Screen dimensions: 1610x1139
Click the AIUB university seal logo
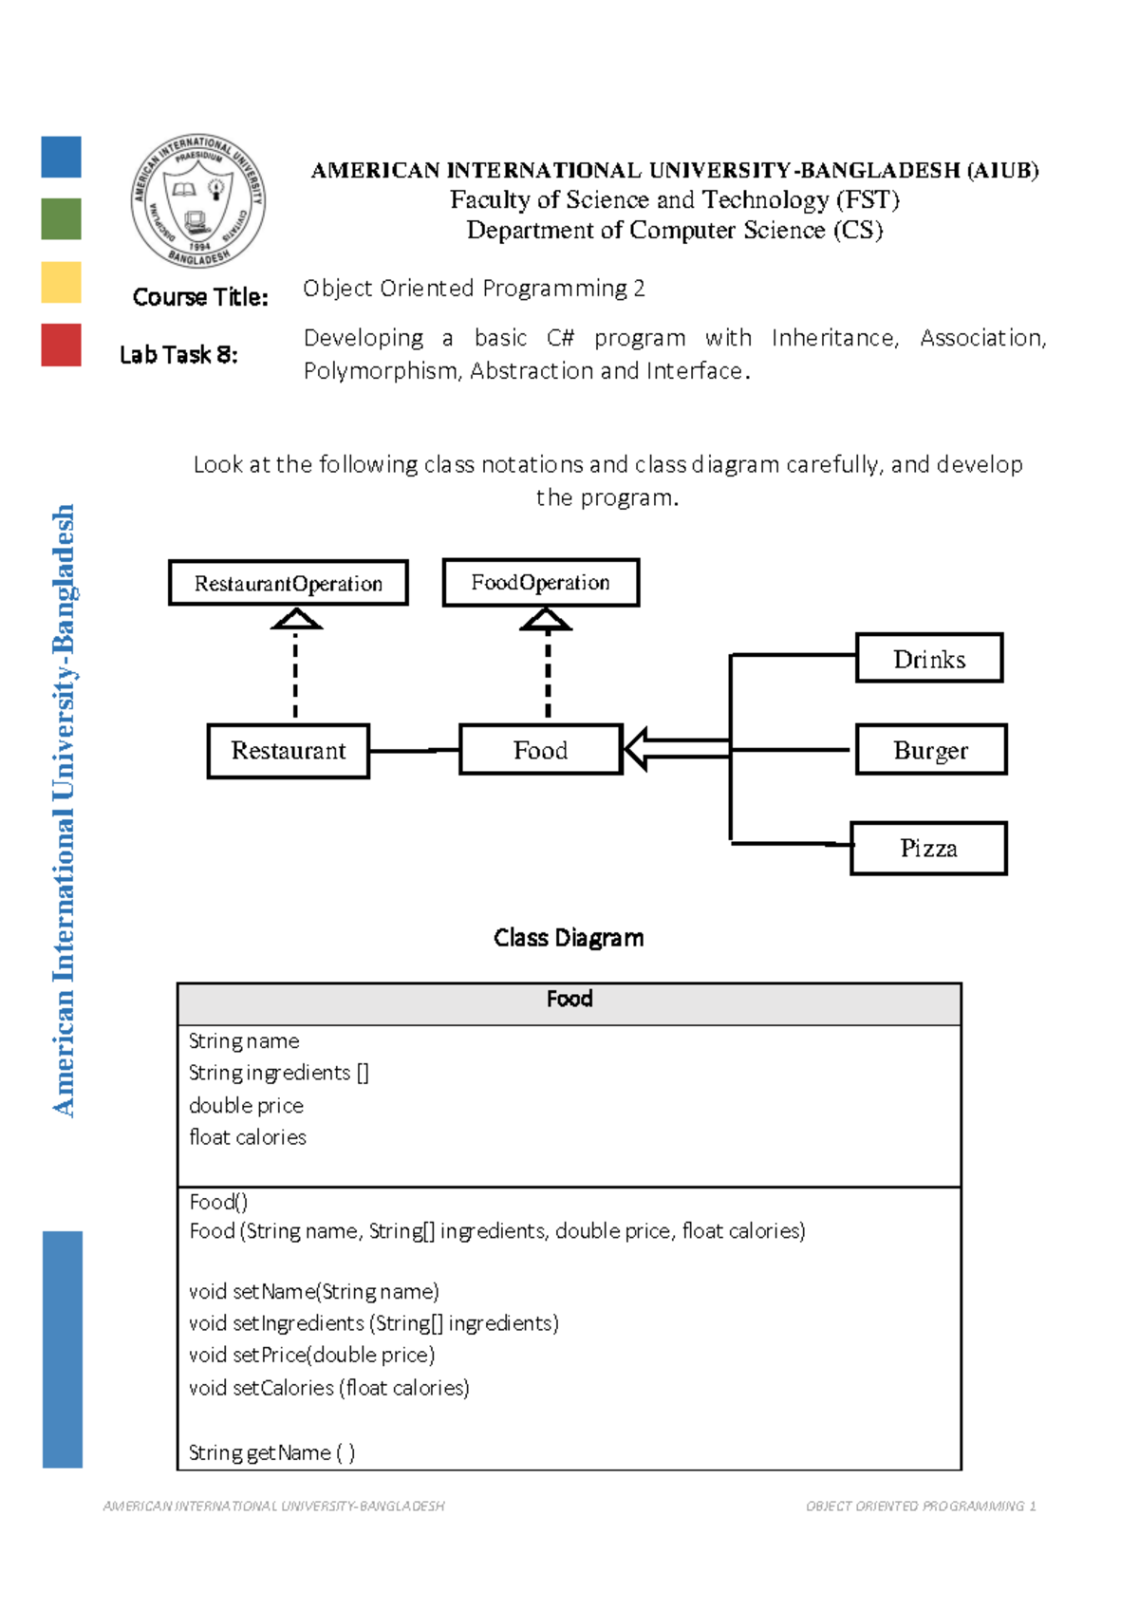(198, 201)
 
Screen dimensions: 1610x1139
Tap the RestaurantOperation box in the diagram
(289, 583)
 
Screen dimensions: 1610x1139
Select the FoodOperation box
(541, 582)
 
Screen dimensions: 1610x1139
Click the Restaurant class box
(289, 751)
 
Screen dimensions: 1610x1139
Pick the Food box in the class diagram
(541, 750)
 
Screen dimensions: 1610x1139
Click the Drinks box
(929, 658)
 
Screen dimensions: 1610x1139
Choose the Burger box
(930, 750)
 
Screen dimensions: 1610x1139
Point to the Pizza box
(928, 848)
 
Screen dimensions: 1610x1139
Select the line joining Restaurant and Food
(414, 751)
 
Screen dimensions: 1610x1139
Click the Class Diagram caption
(569, 938)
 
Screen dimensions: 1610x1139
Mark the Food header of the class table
(569, 1000)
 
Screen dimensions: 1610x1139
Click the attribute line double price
(247, 1105)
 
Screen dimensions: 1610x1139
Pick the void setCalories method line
(329, 1388)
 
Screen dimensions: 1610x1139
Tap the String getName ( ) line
(272, 1452)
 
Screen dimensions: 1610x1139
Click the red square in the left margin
(62, 345)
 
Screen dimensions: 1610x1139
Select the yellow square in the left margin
(62, 282)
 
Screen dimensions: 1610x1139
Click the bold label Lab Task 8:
(178, 355)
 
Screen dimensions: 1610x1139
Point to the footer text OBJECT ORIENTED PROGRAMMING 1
(920, 1506)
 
